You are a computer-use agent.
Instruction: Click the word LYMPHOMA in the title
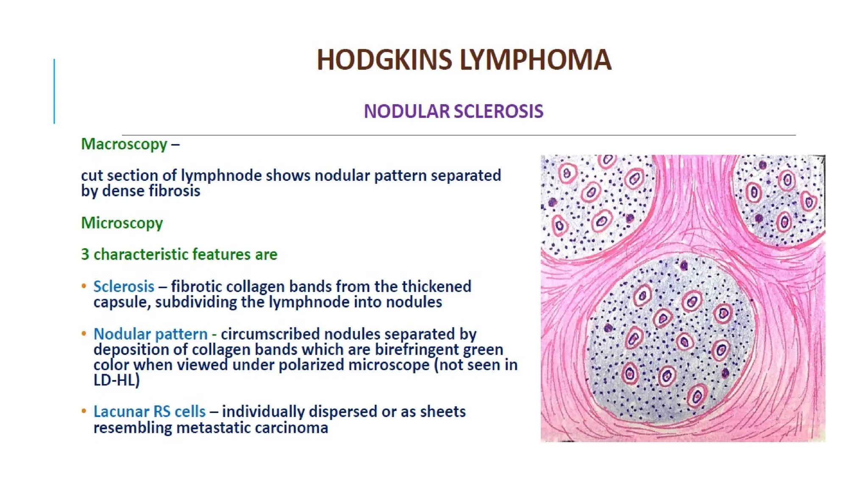click(x=535, y=60)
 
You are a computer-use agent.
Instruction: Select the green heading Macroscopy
click(x=124, y=144)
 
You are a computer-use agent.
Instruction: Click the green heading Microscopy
click(x=122, y=223)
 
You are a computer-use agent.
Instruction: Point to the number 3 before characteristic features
click(x=85, y=254)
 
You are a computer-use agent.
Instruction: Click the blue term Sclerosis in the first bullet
click(x=124, y=286)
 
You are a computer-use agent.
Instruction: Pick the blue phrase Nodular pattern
click(x=150, y=334)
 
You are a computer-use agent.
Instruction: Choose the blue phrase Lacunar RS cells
click(x=149, y=411)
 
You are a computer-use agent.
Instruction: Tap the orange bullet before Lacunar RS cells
click(x=84, y=411)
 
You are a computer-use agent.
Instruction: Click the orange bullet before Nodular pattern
click(x=84, y=333)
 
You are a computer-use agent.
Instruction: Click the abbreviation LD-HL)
click(x=117, y=380)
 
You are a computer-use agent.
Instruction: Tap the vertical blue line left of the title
click(x=54, y=91)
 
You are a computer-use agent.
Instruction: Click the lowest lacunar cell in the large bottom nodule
click(x=697, y=396)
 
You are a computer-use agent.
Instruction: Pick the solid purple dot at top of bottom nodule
click(x=684, y=266)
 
